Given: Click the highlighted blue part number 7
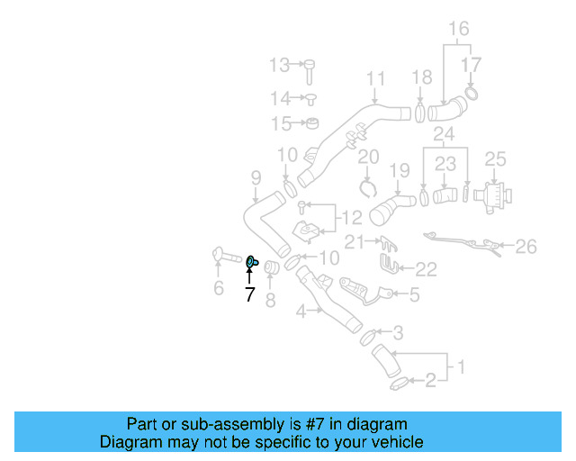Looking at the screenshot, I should tap(253, 262).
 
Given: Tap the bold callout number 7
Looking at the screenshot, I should tap(249, 294).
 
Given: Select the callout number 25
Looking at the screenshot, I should tap(496, 159).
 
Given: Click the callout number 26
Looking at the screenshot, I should tap(526, 245).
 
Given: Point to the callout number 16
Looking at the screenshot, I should tap(459, 29).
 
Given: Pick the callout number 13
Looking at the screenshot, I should tap(279, 65).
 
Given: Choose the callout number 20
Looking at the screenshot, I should tap(368, 158).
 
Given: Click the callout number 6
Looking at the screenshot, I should tap(218, 288).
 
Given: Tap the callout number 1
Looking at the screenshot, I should tap(461, 367).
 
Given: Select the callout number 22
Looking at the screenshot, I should tap(425, 268).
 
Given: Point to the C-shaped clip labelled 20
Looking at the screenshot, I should tap(367, 187).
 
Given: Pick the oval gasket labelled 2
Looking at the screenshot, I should tap(398, 384).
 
